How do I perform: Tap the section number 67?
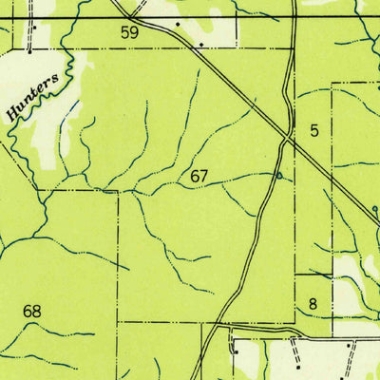[x=199, y=176]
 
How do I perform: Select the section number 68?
[x=32, y=312]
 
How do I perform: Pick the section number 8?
[x=313, y=304]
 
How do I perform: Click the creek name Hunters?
[x=38, y=98]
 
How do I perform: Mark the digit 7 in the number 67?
[x=203, y=176]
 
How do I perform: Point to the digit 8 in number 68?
[x=38, y=312]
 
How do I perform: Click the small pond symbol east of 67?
[x=277, y=175]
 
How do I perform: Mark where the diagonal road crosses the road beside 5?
[x=287, y=139]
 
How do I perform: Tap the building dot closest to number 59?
[x=177, y=20]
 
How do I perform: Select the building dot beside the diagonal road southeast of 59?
[x=200, y=43]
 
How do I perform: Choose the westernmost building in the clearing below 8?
[x=234, y=347]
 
